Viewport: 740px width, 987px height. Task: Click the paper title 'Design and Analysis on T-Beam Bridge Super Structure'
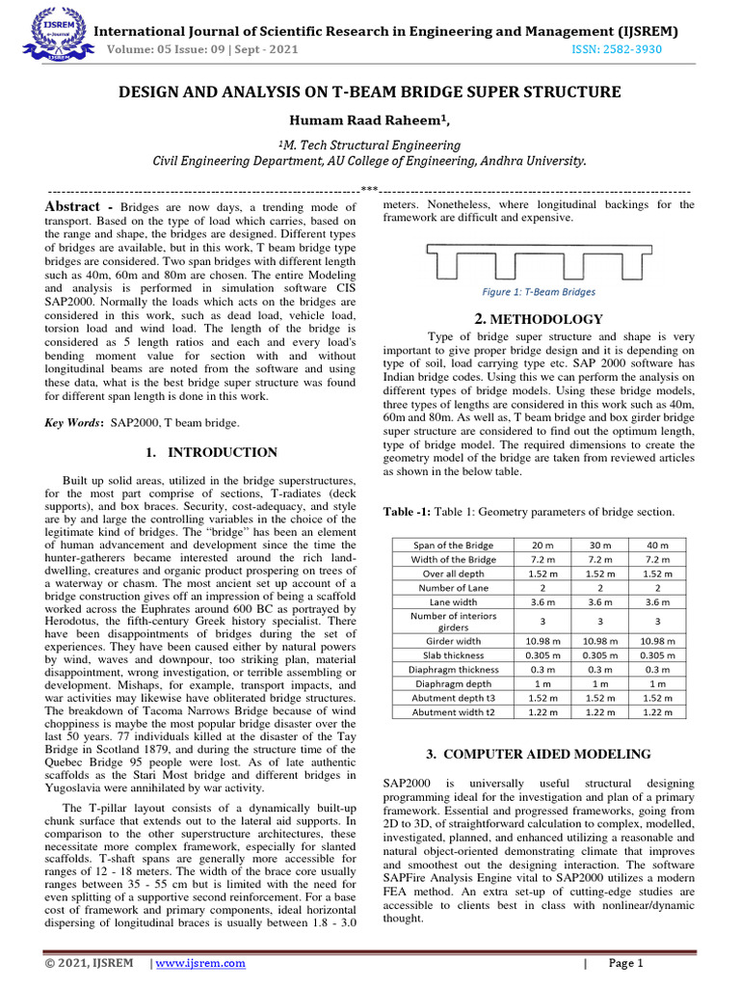click(x=369, y=93)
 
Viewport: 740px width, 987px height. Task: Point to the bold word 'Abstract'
click(x=74, y=207)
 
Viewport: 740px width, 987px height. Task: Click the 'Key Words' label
click(x=76, y=422)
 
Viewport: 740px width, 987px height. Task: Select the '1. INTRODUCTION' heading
click(x=211, y=452)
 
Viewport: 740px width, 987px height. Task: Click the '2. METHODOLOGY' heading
click(x=539, y=320)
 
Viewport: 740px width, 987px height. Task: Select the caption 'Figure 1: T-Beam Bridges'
click(x=539, y=292)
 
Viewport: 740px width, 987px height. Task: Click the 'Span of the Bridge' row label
click(x=453, y=545)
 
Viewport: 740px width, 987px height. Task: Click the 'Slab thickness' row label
click(x=453, y=655)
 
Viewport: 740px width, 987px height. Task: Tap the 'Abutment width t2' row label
click(x=453, y=711)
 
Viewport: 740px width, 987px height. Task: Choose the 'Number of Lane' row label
click(x=453, y=587)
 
